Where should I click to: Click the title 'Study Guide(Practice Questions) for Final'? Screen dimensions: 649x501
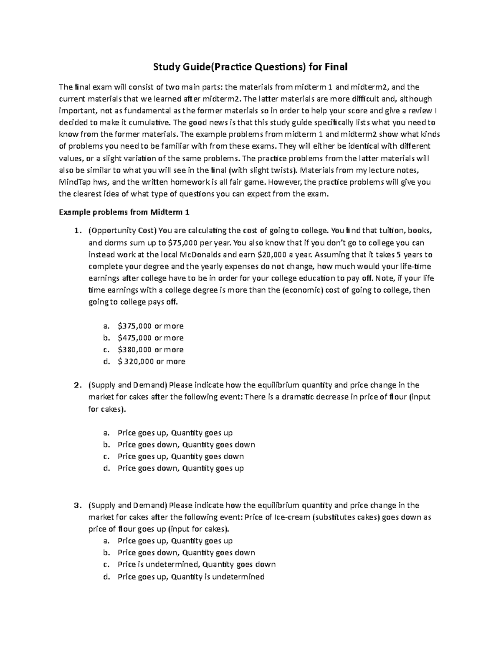click(x=250, y=67)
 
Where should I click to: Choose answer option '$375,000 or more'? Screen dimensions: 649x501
click(x=150, y=326)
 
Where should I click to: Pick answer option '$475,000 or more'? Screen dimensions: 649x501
click(x=150, y=338)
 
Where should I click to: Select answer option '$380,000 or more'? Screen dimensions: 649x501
click(x=150, y=349)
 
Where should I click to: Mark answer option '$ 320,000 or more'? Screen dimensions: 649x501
click(x=151, y=361)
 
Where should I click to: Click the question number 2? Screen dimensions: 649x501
click(x=76, y=385)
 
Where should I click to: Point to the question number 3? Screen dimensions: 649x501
click(x=76, y=505)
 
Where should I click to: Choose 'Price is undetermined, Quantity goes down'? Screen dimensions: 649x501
click(x=196, y=564)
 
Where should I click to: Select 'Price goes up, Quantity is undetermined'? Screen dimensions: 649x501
click(x=191, y=577)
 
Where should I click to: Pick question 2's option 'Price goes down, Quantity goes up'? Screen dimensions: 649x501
click(x=180, y=468)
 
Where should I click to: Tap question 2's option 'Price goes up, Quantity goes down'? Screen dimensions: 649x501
click(x=180, y=456)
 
